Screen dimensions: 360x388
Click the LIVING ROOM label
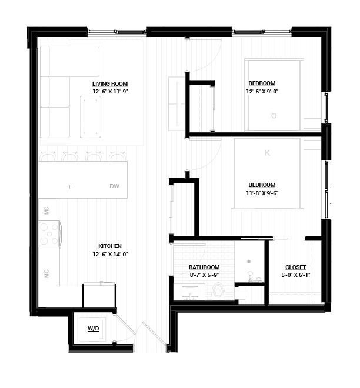point(110,84)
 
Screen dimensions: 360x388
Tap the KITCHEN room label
point(110,246)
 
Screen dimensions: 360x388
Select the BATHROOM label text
point(204,267)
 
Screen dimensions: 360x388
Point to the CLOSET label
point(296,267)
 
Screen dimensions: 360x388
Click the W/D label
point(94,329)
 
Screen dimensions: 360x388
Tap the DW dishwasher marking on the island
point(114,186)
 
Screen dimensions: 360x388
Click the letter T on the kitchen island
point(69,186)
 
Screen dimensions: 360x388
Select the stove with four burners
point(49,234)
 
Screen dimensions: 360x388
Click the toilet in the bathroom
point(218,290)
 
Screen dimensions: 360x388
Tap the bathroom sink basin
point(190,292)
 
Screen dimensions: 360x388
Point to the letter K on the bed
point(268,153)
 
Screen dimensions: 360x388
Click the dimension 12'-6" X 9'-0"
point(262,92)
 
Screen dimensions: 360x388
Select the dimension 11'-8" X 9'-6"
point(262,193)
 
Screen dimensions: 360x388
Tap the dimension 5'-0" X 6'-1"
point(296,275)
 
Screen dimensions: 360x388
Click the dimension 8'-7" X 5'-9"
point(204,275)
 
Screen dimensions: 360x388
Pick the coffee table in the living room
point(91,117)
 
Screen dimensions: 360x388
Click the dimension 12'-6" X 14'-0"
point(110,254)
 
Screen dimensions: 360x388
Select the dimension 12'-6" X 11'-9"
point(110,92)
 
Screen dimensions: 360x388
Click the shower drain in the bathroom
point(249,261)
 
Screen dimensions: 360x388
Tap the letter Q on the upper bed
point(274,116)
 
